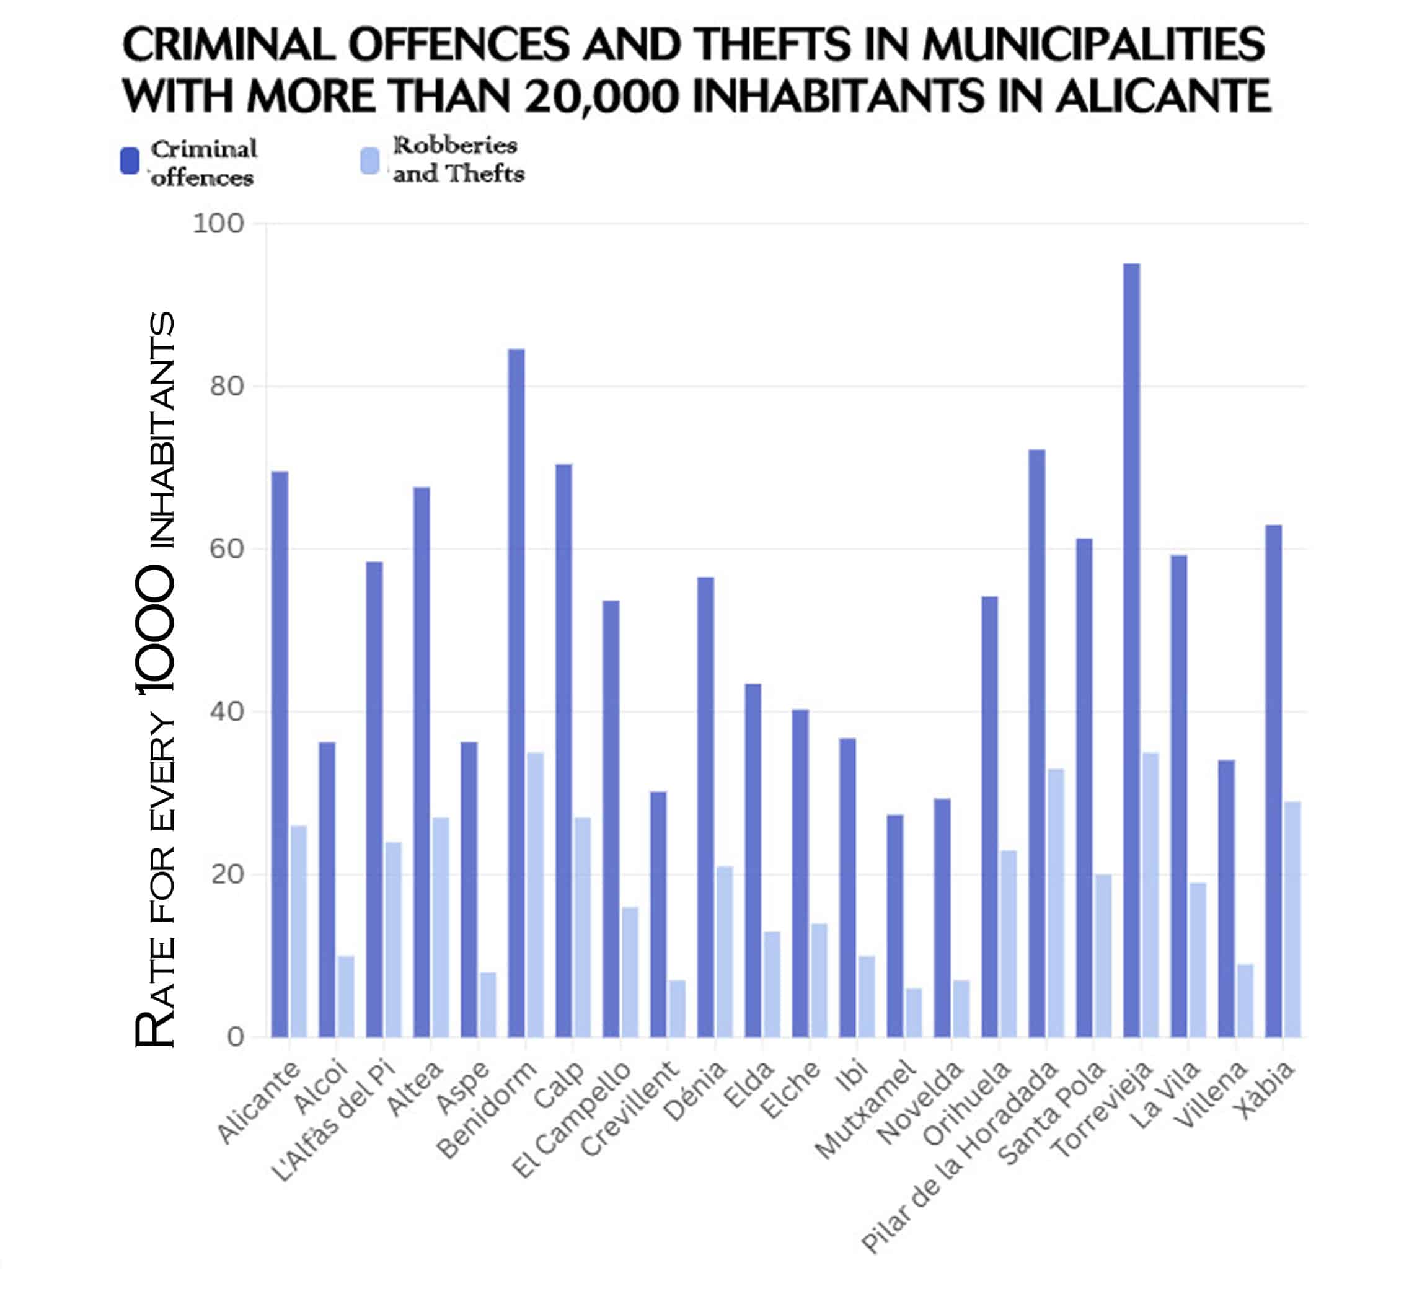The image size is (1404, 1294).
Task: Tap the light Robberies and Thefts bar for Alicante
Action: pos(299,931)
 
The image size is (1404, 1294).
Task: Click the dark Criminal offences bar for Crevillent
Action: pos(658,913)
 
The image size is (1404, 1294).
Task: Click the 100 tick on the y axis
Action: pos(218,224)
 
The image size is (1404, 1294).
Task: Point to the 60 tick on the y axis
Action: pos(226,549)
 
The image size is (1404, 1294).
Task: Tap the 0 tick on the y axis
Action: pos(236,1037)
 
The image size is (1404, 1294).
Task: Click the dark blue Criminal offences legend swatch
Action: pos(130,161)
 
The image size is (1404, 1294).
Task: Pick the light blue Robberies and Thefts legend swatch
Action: pos(369,161)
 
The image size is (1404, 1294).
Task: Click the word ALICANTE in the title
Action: pos(1162,96)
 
